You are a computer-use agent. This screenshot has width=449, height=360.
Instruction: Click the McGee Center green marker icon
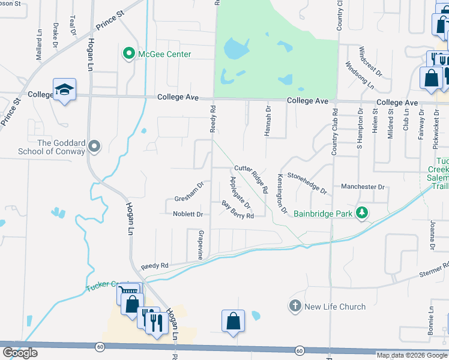pyautogui.click(x=128, y=54)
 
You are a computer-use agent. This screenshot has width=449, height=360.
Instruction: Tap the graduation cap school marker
pyautogui.click(x=64, y=90)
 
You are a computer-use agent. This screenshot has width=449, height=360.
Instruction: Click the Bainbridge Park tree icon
pyautogui.click(x=361, y=212)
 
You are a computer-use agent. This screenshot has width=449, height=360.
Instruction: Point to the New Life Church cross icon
pyautogui.click(x=295, y=307)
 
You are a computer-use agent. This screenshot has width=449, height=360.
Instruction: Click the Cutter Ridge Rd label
pyautogui.click(x=252, y=179)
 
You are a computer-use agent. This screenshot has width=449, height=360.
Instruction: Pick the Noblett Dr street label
pyautogui.click(x=188, y=214)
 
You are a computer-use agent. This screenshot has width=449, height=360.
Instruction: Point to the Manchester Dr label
pyautogui.click(x=363, y=187)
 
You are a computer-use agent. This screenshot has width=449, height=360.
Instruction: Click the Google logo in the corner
pyautogui.click(x=20, y=353)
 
